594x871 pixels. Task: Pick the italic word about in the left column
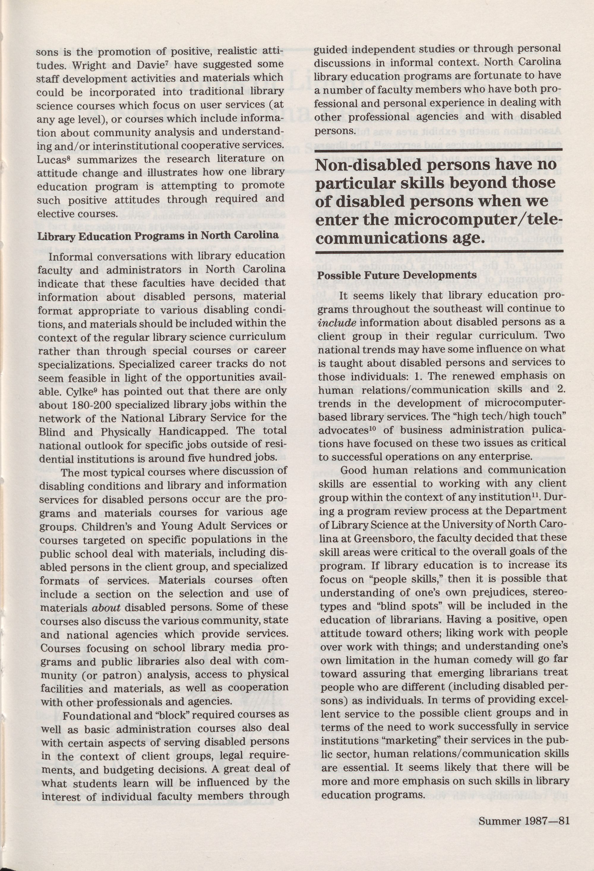pyautogui.click(x=106, y=608)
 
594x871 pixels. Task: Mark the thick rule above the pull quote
pyautogui.click(x=439, y=150)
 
